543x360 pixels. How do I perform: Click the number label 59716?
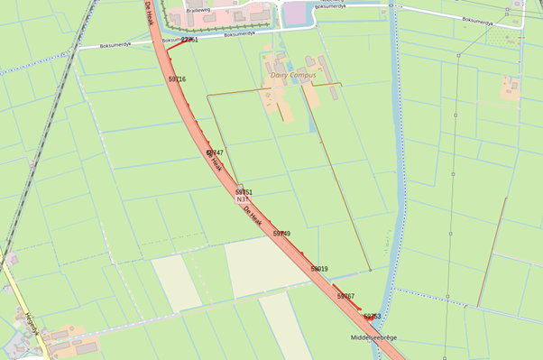tap(177, 79)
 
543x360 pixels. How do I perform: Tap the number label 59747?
tap(214, 153)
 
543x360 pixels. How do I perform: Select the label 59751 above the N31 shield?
tap(244, 192)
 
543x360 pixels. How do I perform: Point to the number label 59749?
tap(281, 234)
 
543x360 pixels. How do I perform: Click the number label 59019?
tap(319, 269)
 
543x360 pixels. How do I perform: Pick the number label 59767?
tap(345, 296)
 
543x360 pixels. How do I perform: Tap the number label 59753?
tap(372, 317)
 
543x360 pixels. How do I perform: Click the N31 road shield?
tap(242, 201)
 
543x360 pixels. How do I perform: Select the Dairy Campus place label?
tap(293, 75)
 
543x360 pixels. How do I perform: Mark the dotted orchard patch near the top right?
tap(501, 34)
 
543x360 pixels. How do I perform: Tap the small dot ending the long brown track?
tap(371, 269)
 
